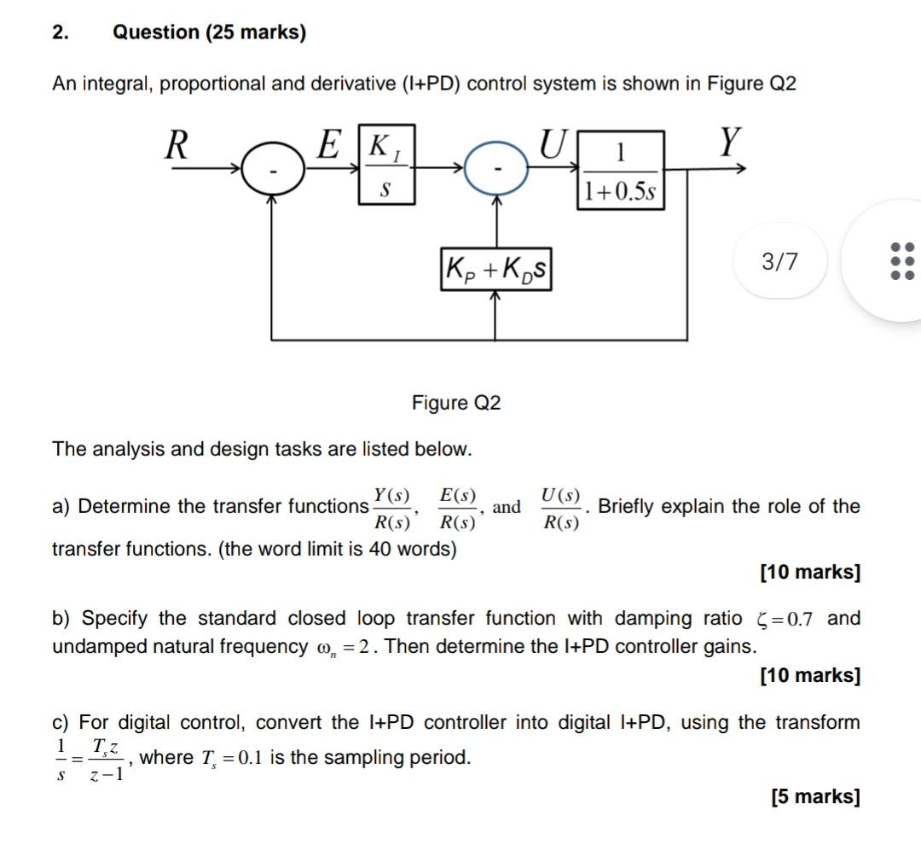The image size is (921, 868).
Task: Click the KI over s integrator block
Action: point(386,166)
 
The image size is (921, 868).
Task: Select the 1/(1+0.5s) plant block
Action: point(620,170)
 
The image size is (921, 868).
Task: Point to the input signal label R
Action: point(176,145)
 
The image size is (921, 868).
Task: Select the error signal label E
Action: point(329,143)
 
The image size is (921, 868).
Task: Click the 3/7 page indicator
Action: point(780,261)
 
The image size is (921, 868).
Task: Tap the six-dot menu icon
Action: point(901,261)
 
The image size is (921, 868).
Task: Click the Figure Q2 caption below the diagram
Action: point(456,402)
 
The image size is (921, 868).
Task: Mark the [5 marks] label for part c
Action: point(815,796)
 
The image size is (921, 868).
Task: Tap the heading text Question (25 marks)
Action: point(209,32)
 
